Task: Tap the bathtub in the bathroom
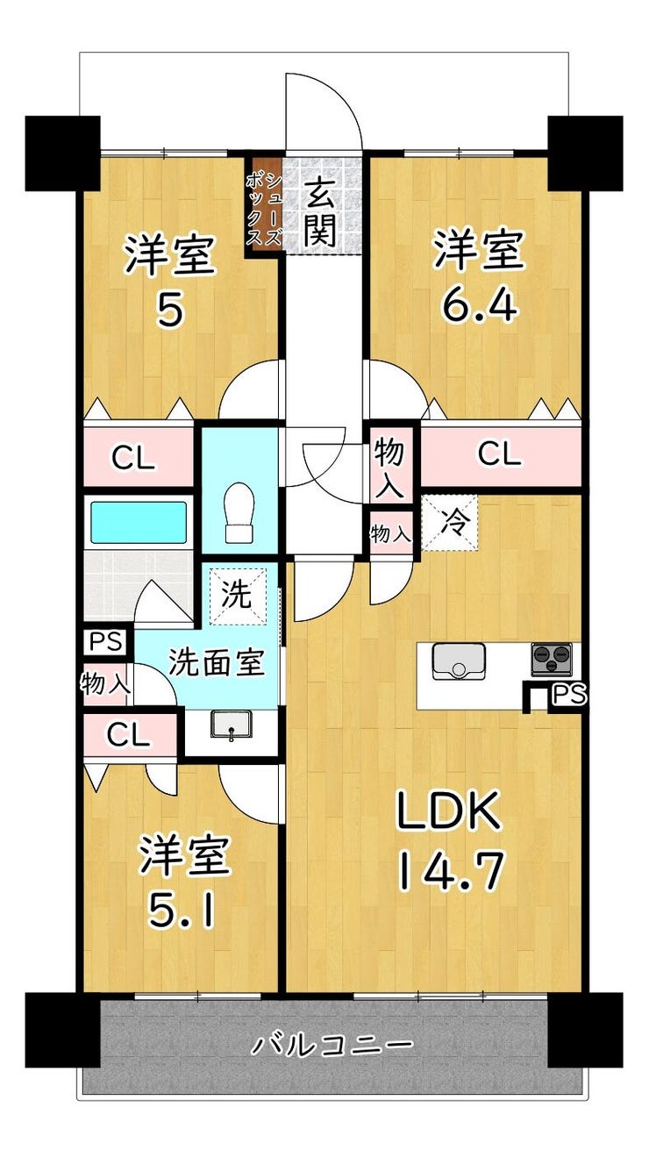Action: [x=139, y=522]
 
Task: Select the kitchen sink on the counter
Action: [x=459, y=661]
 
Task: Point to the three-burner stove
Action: [x=552, y=659]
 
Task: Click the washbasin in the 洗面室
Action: [x=231, y=725]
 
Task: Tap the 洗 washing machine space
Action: [x=238, y=596]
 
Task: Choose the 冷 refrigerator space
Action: [x=450, y=523]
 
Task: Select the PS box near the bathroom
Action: [x=105, y=641]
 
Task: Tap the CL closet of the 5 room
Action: [x=133, y=459]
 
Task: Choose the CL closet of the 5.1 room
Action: [x=128, y=736]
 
